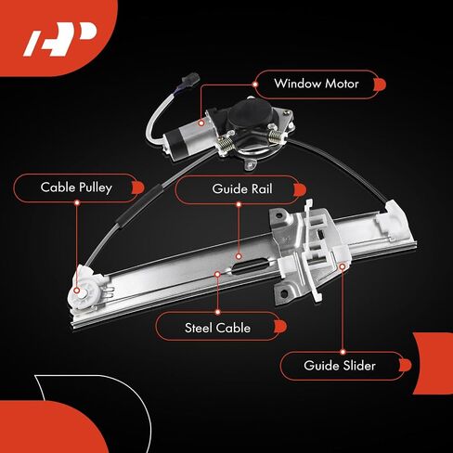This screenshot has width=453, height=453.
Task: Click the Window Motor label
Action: tap(317, 84)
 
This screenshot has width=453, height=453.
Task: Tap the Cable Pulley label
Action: tap(76, 188)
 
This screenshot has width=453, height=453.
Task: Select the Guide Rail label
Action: tap(242, 189)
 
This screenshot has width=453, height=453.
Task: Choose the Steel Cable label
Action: tap(217, 328)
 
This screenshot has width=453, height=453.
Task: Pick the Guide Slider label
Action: tap(340, 366)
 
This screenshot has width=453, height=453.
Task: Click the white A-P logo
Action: tap(60, 39)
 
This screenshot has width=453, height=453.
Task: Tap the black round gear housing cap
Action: tap(252, 112)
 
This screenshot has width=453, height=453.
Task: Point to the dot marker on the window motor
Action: tap(201, 123)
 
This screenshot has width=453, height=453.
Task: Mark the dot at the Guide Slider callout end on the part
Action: tap(343, 266)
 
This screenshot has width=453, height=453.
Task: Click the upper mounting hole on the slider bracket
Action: tap(281, 214)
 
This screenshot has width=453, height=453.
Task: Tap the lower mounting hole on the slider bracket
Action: tap(284, 293)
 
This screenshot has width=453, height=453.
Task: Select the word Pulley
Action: tap(96, 188)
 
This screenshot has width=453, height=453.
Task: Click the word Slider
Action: tap(358, 366)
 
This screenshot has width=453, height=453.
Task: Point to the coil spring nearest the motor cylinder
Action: tap(226, 143)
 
